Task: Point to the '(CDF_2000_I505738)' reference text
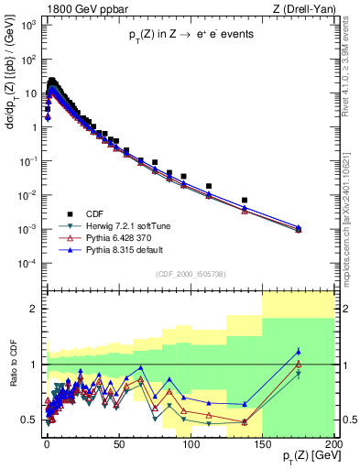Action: click(x=190, y=273)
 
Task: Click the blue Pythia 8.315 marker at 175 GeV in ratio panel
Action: click(x=299, y=351)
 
